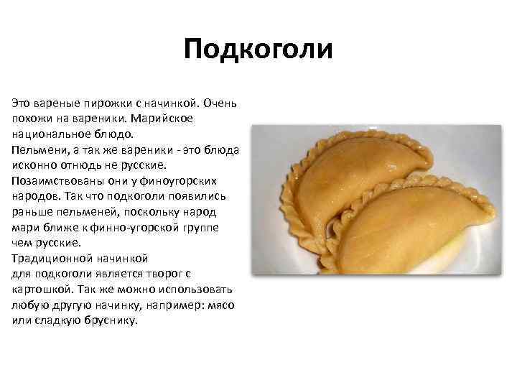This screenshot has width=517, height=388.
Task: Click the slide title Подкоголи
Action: tap(258, 50)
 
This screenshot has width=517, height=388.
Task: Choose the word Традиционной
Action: tap(49, 258)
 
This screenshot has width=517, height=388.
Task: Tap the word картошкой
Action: tap(41, 290)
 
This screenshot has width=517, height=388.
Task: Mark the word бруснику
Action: tap(108, 321)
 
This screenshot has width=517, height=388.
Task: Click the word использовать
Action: tap(190, 290)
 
